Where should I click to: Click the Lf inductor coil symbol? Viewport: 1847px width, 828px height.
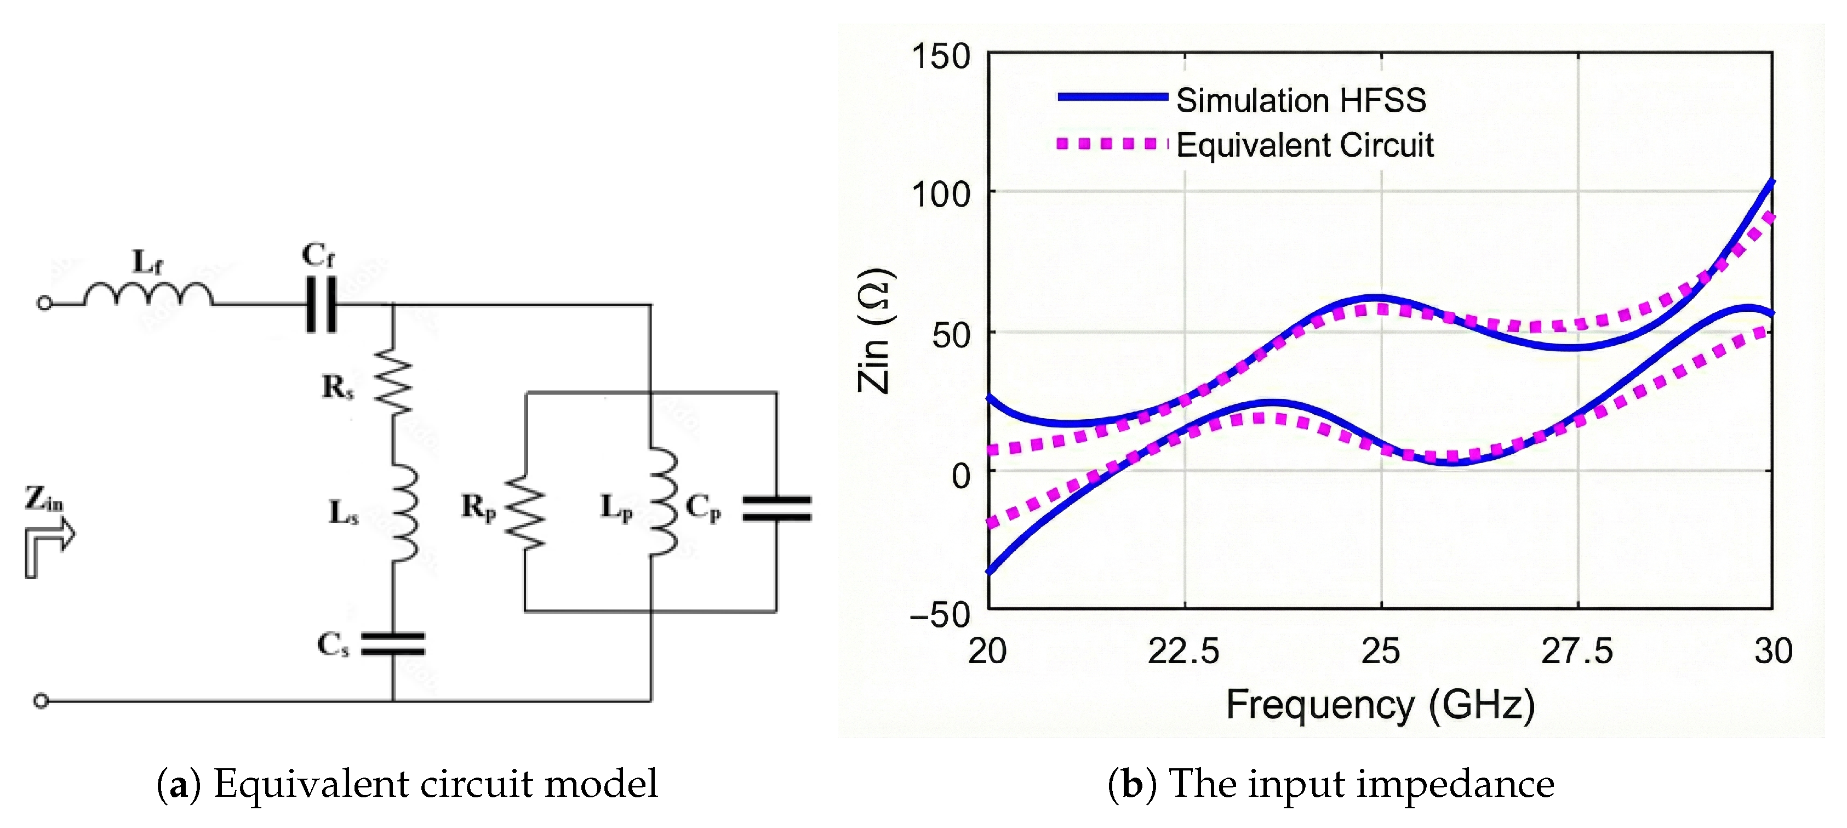[x=148, y=295]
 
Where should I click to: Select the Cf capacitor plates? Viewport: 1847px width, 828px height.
[x=321, y=305]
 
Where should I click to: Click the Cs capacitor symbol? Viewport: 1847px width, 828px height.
[x=393, y=644]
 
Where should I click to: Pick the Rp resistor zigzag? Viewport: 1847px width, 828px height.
[x=525, y=512]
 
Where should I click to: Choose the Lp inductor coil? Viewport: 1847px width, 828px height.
[x=662, y=502]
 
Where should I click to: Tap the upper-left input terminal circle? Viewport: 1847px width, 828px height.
[x=44, y=303]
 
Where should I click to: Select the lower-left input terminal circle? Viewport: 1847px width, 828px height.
[x=42, y=700]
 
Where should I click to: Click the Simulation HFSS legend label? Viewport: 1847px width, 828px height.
[x=1301, y=100]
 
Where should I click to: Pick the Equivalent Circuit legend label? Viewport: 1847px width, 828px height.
[x=1304, y=146]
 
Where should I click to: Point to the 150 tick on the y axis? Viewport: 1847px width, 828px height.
[x=940, y=56]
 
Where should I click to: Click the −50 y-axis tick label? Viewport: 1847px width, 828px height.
[x=939, y=615]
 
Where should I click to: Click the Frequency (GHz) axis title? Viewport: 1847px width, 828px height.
[x=1380, y=704]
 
